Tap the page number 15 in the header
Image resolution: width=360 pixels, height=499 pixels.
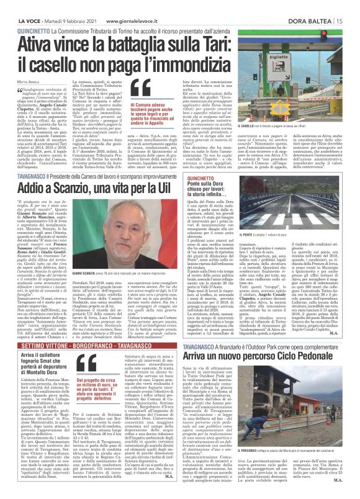tap(353, 6)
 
